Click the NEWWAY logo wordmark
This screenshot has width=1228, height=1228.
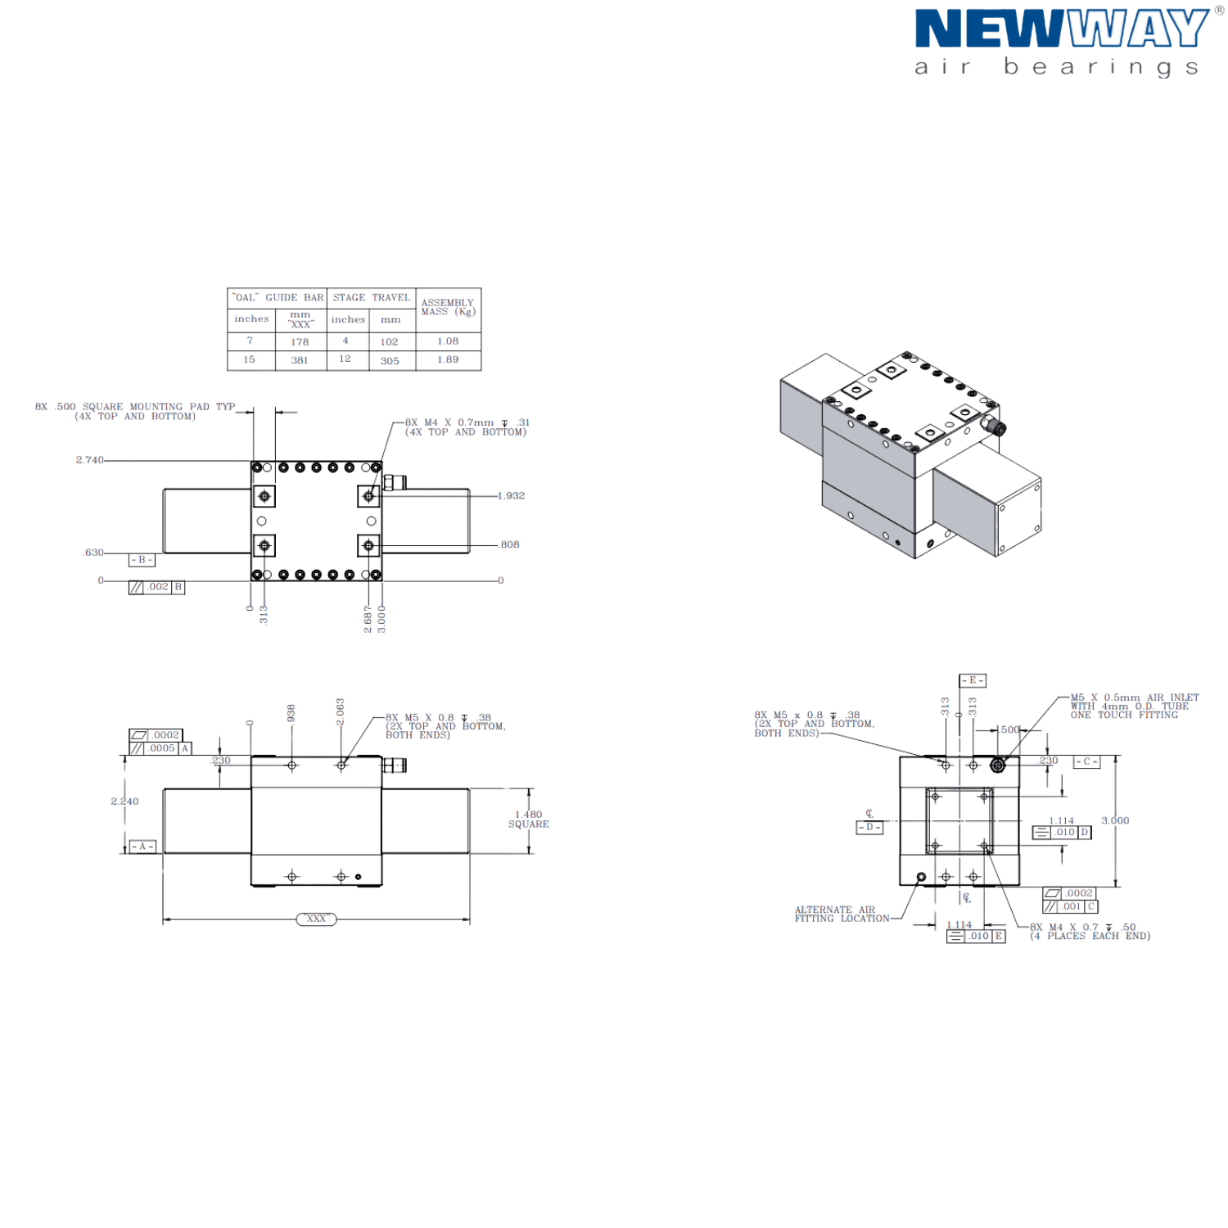pos(1061,29)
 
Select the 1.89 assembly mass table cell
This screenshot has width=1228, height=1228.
pos(448,359)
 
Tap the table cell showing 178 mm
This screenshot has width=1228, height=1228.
pos(300,341)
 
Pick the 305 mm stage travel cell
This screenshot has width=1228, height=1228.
pos(390,360)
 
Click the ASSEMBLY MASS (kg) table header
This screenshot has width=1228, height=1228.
pos(448,308)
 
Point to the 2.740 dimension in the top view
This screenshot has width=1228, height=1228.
pos(90,461)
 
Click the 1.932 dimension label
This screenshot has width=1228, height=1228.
pos(511,495)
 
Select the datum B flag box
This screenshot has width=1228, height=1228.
pos(142,561)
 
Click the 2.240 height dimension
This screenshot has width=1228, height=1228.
pos(124,801)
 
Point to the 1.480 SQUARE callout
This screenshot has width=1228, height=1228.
pos(528,819)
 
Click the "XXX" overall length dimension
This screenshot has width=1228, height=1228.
pos(316,919)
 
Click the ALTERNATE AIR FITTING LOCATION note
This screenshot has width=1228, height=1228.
pos(841,914)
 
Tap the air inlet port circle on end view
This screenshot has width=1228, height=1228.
pos(998,765)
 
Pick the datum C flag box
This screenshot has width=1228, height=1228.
pos(1086,762)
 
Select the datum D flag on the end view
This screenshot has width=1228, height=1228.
pos(869,828)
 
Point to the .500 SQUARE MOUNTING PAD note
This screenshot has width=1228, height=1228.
pos(135,411)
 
